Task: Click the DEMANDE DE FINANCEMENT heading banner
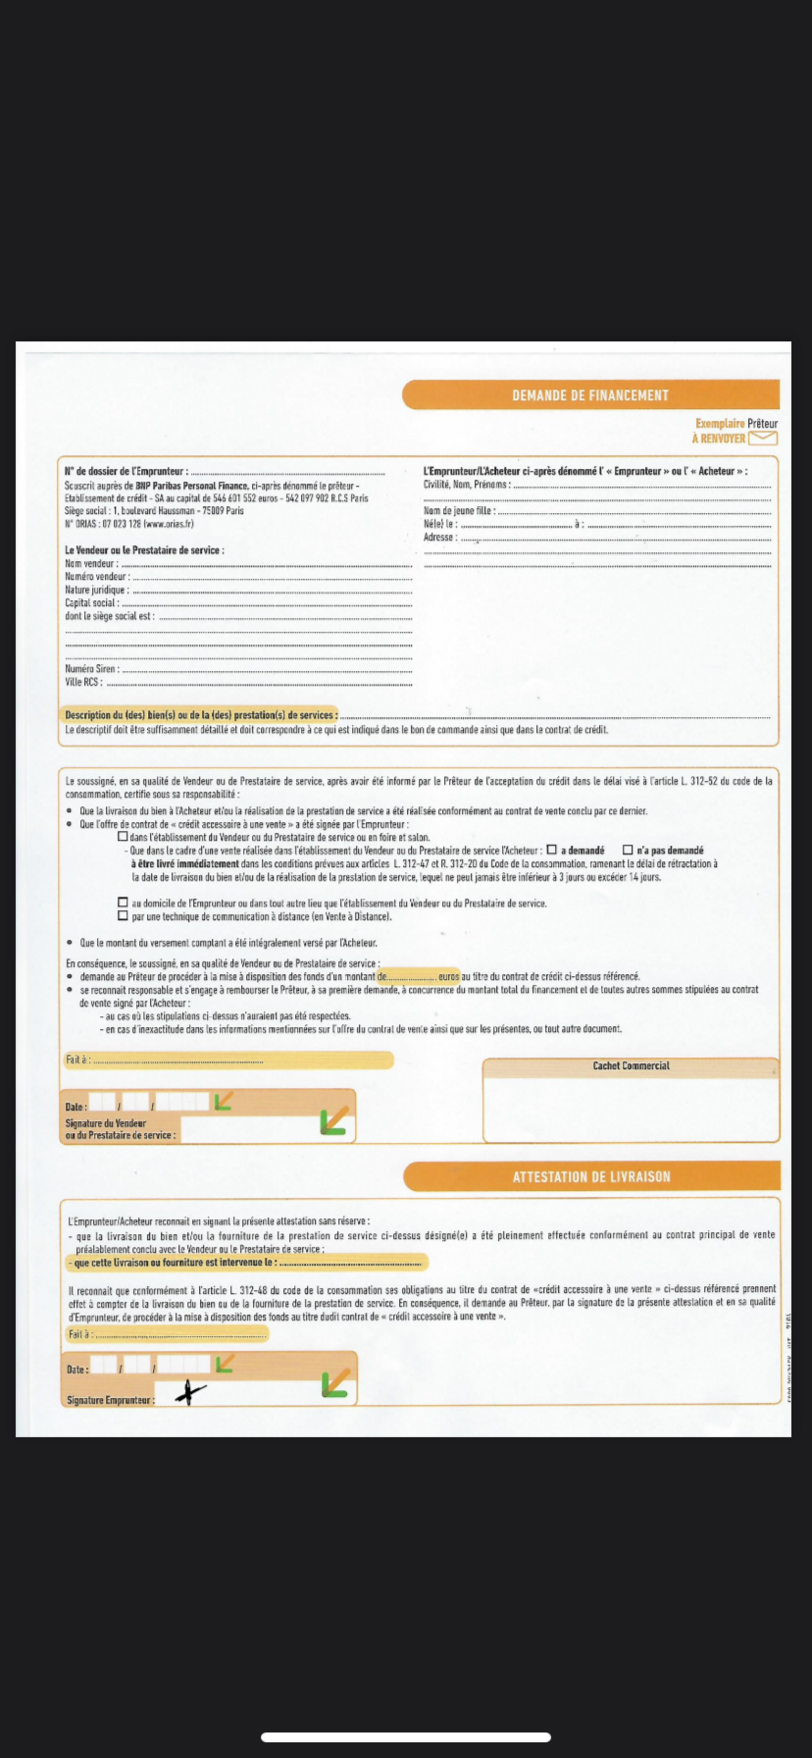point(590,395)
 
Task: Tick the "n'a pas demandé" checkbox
point(628,850)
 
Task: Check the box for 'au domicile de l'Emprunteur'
point(123,902)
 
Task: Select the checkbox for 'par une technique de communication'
point(123,916)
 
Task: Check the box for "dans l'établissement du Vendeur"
point(123,836)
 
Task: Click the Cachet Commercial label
point(631,1065)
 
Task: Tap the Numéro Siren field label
point(91,669)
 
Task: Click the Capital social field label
point(91,603)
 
